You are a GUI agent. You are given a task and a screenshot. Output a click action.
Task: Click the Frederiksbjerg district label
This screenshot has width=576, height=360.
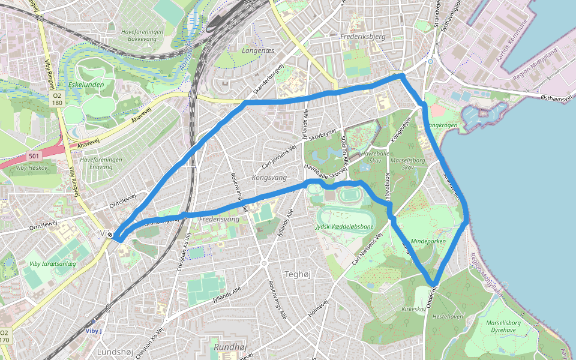tap(362, 37)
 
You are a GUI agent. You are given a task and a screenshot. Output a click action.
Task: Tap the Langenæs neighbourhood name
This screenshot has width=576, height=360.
tap(257, 51)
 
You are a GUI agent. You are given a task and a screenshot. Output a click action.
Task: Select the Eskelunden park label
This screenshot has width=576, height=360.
tap(86, 85)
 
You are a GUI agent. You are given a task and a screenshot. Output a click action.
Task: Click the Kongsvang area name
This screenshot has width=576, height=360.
tap(270, 178)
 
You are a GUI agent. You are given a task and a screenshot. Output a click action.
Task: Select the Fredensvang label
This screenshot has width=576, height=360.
tap(219, 220)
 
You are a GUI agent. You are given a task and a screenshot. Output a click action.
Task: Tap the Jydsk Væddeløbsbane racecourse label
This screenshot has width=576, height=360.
tap(344, 226)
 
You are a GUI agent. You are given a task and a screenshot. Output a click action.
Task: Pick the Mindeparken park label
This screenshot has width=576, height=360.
tap(428, 240)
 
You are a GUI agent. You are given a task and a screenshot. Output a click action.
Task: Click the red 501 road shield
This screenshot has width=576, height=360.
tap(34, 156)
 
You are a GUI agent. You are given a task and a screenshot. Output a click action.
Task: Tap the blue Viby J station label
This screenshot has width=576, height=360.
tap(94, 331)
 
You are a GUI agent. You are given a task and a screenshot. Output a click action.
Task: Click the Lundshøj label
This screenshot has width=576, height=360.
tap(115, 352)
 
